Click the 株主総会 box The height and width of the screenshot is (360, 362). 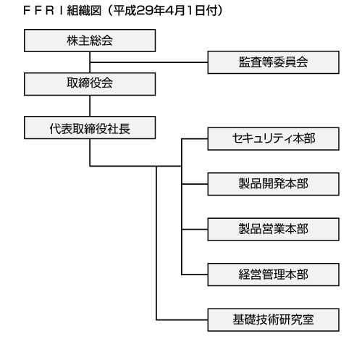click(x=90, y=41)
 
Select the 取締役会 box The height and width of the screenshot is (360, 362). click(x=90, y=84)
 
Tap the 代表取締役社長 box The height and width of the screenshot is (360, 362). click(x=90, y=127)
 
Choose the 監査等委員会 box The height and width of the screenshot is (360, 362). click(x=274, y=62)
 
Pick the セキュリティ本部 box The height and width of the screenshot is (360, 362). click(x=274, y=139)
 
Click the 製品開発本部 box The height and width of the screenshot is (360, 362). click(x=274, y=184)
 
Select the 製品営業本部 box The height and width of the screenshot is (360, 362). click(x=274, y=230)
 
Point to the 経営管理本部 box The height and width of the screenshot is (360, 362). click(x=274, y=275)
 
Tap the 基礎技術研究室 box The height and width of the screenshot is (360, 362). click(x=274, y=319)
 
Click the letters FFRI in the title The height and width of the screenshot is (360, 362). click(x=43, y=11)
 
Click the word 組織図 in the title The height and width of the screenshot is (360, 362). click(x=84, y=11)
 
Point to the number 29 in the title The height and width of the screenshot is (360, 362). click(x=142, y=11)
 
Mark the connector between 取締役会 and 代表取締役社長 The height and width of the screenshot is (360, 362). click(x=90, y=106)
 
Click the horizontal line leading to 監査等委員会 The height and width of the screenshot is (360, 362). click(x=148, y=62)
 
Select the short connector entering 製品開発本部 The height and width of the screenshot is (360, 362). click(x=195, y=184)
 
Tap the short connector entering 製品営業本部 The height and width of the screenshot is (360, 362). click(x=195, y=230)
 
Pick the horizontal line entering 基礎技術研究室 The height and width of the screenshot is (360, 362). click(x=182, y=319)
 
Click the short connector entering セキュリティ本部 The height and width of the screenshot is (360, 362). click(x=195, y=139)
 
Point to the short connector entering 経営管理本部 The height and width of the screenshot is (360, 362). click(x=195, y=275)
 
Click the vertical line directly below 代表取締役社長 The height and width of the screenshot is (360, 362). click(x=90, y=152)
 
